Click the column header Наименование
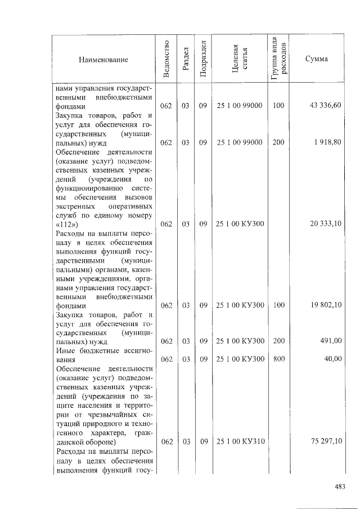pyautogui.click(x=103, y=60)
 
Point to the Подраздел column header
pyautogui.click(x=203, y=60)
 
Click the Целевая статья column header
pyautogui.click(x=239, y=60)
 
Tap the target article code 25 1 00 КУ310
pyautogui.click(x=239, y=442)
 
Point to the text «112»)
pyautogui.click(x=68, y=224)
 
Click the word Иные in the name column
pyautogui.click(x=67, y=350)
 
